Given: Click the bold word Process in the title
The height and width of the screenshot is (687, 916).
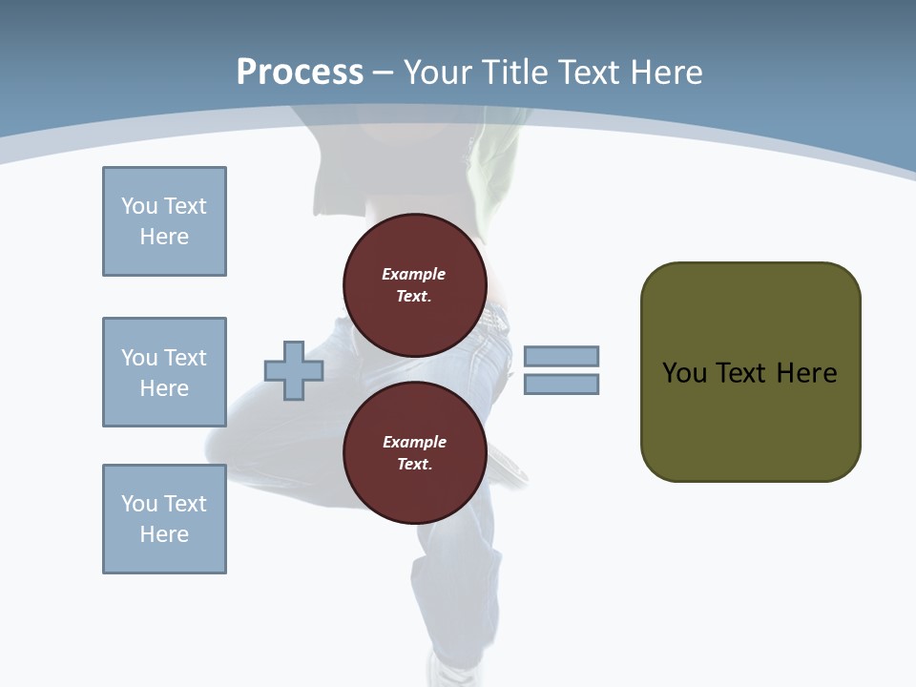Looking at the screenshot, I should click(x=300, y=72).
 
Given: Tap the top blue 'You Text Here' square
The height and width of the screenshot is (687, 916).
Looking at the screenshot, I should click(x=164, y=221).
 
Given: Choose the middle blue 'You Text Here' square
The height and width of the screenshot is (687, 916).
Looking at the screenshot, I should click(x=164, y=372).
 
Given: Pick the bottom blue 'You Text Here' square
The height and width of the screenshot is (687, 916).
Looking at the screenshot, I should click(x=164, y=519).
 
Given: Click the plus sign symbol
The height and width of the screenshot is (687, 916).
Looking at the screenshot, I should click(x=294, y=370).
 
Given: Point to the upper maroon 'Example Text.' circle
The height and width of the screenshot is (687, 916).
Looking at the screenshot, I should click(x=414, y=284).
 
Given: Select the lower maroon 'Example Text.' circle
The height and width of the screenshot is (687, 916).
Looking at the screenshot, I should click(x=414, y=453).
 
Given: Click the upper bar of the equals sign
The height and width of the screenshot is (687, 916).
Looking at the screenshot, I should click(x=561, y=356).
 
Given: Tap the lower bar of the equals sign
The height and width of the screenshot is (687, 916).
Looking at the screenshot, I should click(x=561, y=384).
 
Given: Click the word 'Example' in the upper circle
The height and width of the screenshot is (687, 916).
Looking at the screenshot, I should click(x=414, y=274).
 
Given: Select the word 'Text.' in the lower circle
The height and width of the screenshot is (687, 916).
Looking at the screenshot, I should click(x=414, y=465).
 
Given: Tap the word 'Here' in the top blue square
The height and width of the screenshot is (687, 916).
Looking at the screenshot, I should click(x=164, y=237).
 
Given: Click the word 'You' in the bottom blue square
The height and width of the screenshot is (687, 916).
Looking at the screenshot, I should click(x=139, y=504).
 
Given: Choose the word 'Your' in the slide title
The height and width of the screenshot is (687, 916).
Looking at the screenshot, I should click(x=437, y=72).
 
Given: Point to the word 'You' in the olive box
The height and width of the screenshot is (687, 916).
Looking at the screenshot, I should click(x=684, y=372).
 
